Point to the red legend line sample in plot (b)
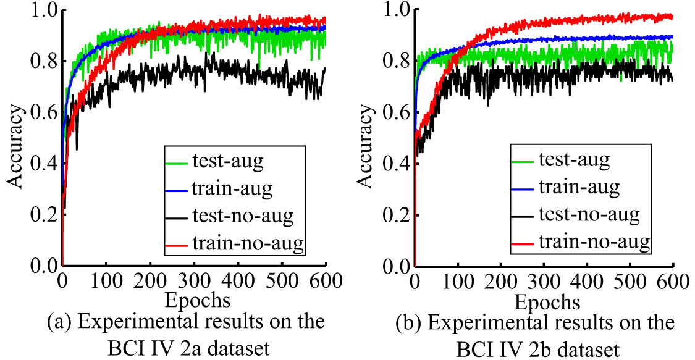pos(524,244)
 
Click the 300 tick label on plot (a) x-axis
pos(193,281)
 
